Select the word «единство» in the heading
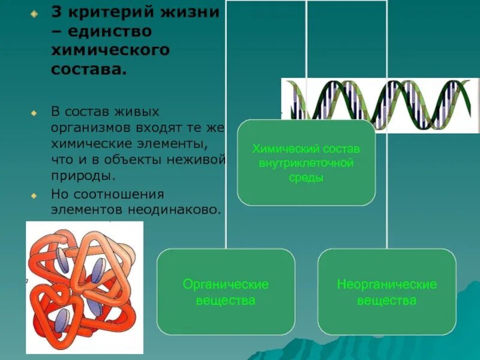click(108, 31)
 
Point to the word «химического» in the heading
click(110, 50)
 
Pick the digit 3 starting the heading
click(55, 13)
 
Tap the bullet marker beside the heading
click(34, 14)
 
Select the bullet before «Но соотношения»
click(34, 196)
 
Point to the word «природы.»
click(82, 177)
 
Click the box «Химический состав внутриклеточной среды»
click(306, 163)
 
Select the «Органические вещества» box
click(226, 292)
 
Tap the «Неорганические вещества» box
click(386, 292)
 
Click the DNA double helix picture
click(380, 105)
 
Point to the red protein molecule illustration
click(85, 287)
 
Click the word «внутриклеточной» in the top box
click(306, 163)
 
